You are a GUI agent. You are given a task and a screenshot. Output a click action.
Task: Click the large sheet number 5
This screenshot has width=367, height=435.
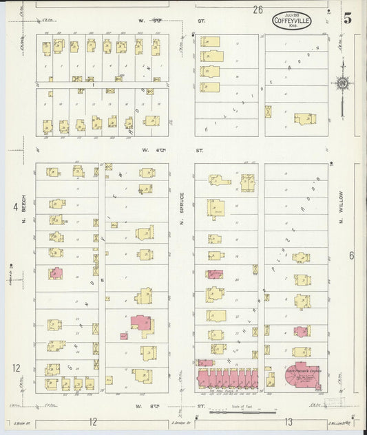(348, 19)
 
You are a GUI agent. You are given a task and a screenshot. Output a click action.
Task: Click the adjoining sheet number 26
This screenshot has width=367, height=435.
(258, 10)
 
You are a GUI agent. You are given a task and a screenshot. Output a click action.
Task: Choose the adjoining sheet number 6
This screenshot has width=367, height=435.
(351, 256)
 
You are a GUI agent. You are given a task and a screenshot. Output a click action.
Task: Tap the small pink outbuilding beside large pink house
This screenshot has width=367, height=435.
(124, 336)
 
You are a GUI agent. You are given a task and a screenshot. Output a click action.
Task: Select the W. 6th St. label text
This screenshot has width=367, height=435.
(171, 149)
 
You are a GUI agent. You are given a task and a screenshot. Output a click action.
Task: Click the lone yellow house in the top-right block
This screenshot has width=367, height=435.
(304, 118)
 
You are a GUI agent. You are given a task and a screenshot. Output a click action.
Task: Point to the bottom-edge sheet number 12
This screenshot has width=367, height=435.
(92, 421)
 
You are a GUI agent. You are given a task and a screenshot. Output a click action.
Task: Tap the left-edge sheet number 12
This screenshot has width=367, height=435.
(16, 368)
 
